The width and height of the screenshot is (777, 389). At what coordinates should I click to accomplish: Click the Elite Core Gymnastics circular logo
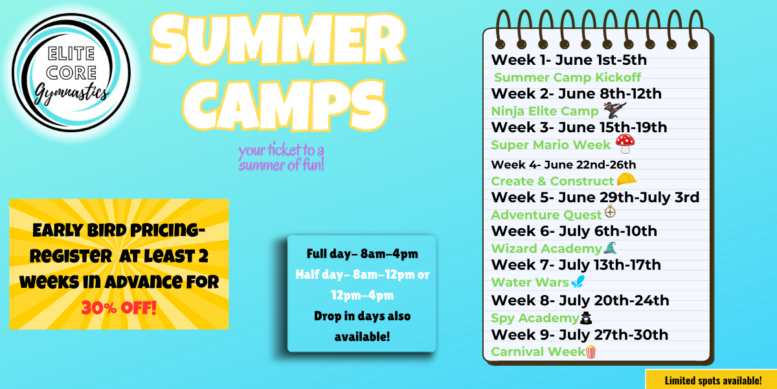[71, 72]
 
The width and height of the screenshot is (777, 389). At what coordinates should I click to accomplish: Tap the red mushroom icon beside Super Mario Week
[625, 144]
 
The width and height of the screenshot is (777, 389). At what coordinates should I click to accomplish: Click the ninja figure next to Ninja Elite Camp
[614, 110]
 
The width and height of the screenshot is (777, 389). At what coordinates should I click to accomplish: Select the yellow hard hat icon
[627, 180]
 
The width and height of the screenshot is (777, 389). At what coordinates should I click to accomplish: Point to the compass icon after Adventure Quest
[610, 212]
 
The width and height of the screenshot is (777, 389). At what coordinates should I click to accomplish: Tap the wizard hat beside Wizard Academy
[610, 248]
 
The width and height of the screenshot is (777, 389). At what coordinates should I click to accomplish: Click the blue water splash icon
[578, 281]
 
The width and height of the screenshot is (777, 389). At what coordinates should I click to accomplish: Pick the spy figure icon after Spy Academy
[586, 318]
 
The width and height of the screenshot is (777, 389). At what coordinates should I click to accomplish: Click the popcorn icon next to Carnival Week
[591, 352]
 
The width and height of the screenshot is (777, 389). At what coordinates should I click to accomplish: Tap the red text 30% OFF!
[119, 308]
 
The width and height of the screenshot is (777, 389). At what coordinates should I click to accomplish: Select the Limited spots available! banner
[711, 379]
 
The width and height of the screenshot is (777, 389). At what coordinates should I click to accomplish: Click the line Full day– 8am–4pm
[362, 254]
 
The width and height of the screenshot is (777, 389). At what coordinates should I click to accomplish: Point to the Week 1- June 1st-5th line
[569, 60]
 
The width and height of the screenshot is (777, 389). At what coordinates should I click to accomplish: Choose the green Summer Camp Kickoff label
[567, 77]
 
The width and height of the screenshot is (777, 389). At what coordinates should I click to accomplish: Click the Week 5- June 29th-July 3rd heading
[595, 197]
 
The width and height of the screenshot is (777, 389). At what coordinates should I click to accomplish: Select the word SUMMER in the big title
[278, 39]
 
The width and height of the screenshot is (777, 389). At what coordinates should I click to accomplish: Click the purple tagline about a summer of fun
[281, 157]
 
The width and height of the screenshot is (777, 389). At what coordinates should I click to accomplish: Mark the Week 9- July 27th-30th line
[580, 335]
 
